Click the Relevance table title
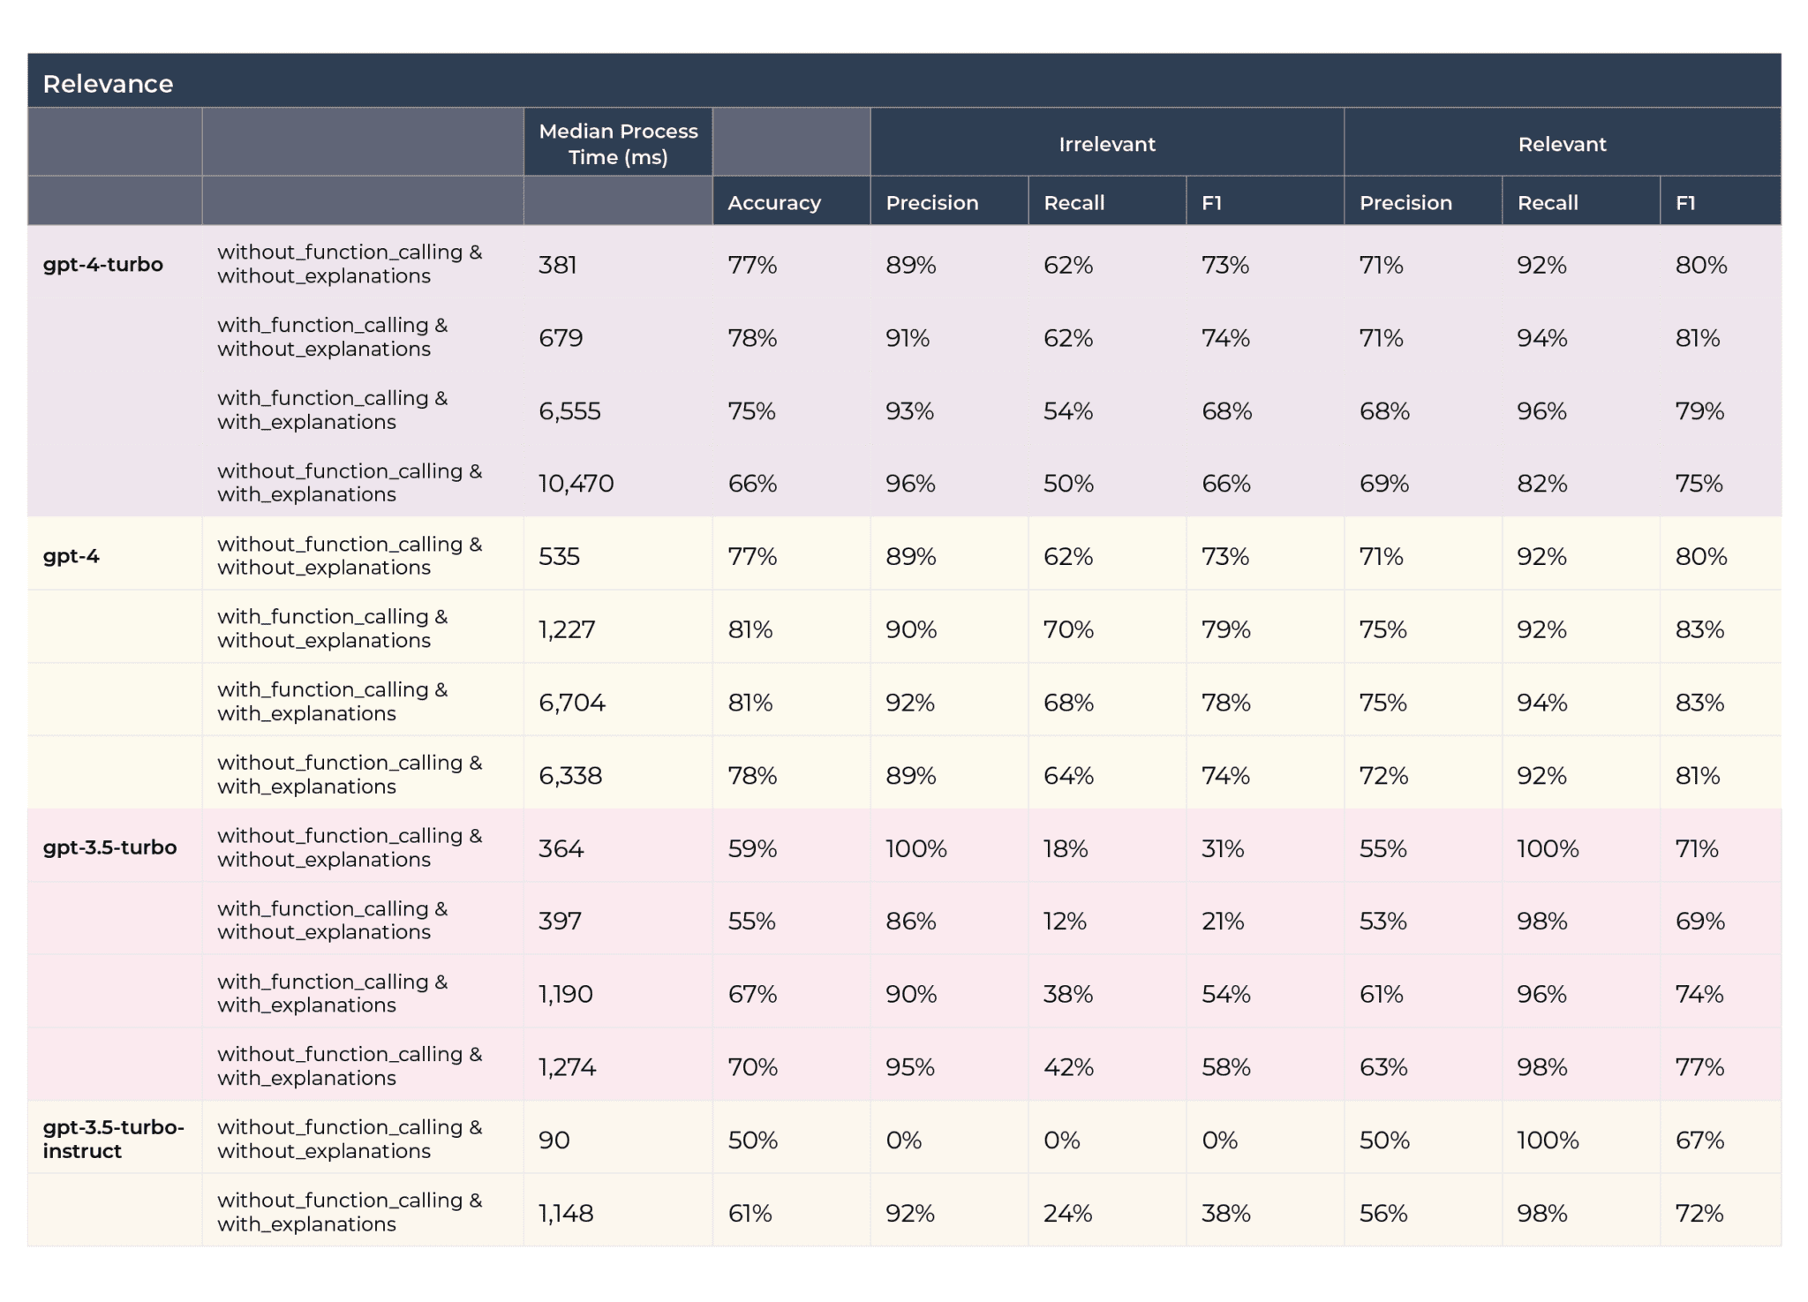click(108, 84)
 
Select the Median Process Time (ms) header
click(618, 144)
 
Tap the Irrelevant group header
click(1106, 144)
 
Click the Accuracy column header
click(773, 203)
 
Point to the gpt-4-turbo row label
click(102, 265)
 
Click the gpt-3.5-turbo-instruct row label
click(113, 1139)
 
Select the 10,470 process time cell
click(576, 484)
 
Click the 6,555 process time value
click(569, 411)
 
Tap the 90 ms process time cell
click(554, 1140)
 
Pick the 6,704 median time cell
click(571, 703)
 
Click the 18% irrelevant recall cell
click(1065, 849)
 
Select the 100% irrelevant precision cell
click(915, 849)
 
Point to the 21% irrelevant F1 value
click(1222, 922)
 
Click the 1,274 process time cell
click(567, 1068)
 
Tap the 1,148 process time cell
click(565, 1214)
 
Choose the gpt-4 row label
click(71, 557)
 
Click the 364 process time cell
click(561, 849)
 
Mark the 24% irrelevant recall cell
click(1067, 1214)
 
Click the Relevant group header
click(1561, 144)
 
